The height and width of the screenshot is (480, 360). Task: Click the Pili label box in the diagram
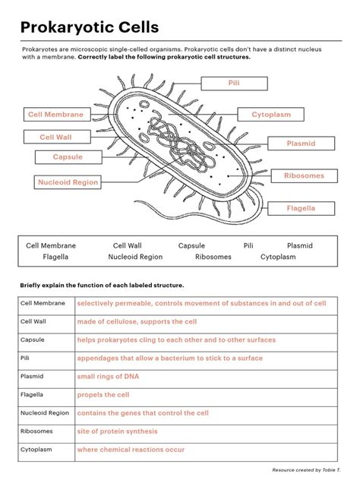pos(232,83)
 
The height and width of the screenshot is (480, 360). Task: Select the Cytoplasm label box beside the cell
pos(271,115)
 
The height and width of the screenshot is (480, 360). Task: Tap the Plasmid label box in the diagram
pos(301,144)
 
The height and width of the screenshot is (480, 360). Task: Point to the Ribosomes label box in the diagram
pos(304,175)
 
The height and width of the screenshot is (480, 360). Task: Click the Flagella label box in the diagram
pos(301,207)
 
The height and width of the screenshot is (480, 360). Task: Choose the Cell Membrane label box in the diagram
pos(55,115)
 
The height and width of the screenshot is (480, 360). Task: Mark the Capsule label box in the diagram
pos(68,157)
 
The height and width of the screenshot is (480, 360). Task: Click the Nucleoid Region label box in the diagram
pos(68,182)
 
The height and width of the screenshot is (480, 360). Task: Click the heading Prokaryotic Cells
pos(90,27)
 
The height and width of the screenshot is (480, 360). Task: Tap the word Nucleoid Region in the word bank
pos(135,257)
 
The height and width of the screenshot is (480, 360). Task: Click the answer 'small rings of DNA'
pos(108,377)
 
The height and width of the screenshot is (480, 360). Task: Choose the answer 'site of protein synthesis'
pos(118,431)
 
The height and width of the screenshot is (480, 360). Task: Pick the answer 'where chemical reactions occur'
pos(131,450)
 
